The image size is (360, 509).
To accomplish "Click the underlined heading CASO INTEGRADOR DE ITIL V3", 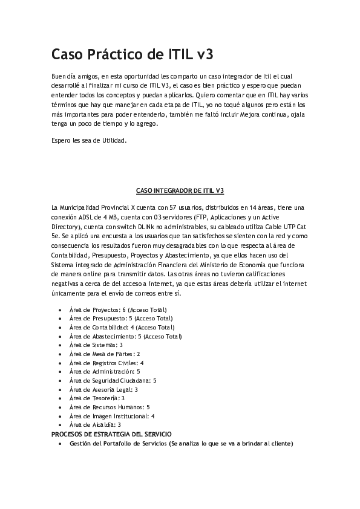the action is (180, 190).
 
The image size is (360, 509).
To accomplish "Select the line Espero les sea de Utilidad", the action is (89, 140).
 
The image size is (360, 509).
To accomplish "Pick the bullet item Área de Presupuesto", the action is (121, 319).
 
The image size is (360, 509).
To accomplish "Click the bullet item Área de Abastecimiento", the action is (125, 336).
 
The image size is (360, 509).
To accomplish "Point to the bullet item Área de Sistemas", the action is (96, 345).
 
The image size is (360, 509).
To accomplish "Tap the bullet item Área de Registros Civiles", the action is (106, 363).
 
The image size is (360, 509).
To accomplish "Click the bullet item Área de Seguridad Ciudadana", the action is (113, 380).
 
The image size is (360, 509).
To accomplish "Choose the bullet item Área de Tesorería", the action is (97, 398).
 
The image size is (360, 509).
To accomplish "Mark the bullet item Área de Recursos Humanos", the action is (110, 407).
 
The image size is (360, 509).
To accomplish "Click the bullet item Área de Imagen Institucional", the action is (112, 416).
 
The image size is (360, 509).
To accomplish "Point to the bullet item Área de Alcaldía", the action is (95, 424).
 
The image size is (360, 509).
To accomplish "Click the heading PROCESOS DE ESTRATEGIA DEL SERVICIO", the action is (111, 434).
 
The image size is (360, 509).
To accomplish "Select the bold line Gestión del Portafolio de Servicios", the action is (181, 443).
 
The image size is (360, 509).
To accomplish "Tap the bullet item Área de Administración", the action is (105, 371).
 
